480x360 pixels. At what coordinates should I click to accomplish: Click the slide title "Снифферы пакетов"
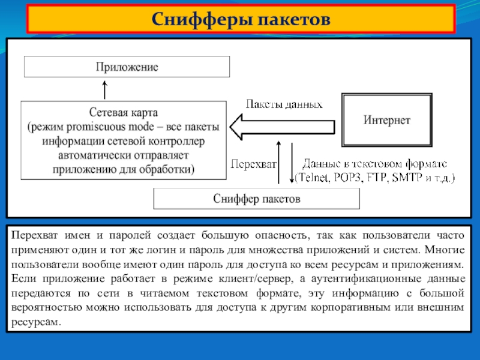click(240, 19)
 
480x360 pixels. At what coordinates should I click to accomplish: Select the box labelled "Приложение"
click(127, 67)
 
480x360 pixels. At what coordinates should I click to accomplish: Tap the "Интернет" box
click(386, 120)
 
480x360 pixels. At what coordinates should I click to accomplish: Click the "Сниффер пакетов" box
click(257, 198)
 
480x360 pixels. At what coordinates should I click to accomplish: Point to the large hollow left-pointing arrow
click(282, 128)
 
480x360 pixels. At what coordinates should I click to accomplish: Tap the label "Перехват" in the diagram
click(253, 163)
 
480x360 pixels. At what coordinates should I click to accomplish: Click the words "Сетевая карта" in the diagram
click(124, 112)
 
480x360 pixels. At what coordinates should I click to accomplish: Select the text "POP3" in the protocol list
click(347, 178)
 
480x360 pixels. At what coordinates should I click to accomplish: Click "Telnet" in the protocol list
click(312, 178)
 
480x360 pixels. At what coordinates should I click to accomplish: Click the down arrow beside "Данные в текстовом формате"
click(291, 162)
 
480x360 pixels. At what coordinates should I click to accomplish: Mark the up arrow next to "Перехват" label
click(278, 162)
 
